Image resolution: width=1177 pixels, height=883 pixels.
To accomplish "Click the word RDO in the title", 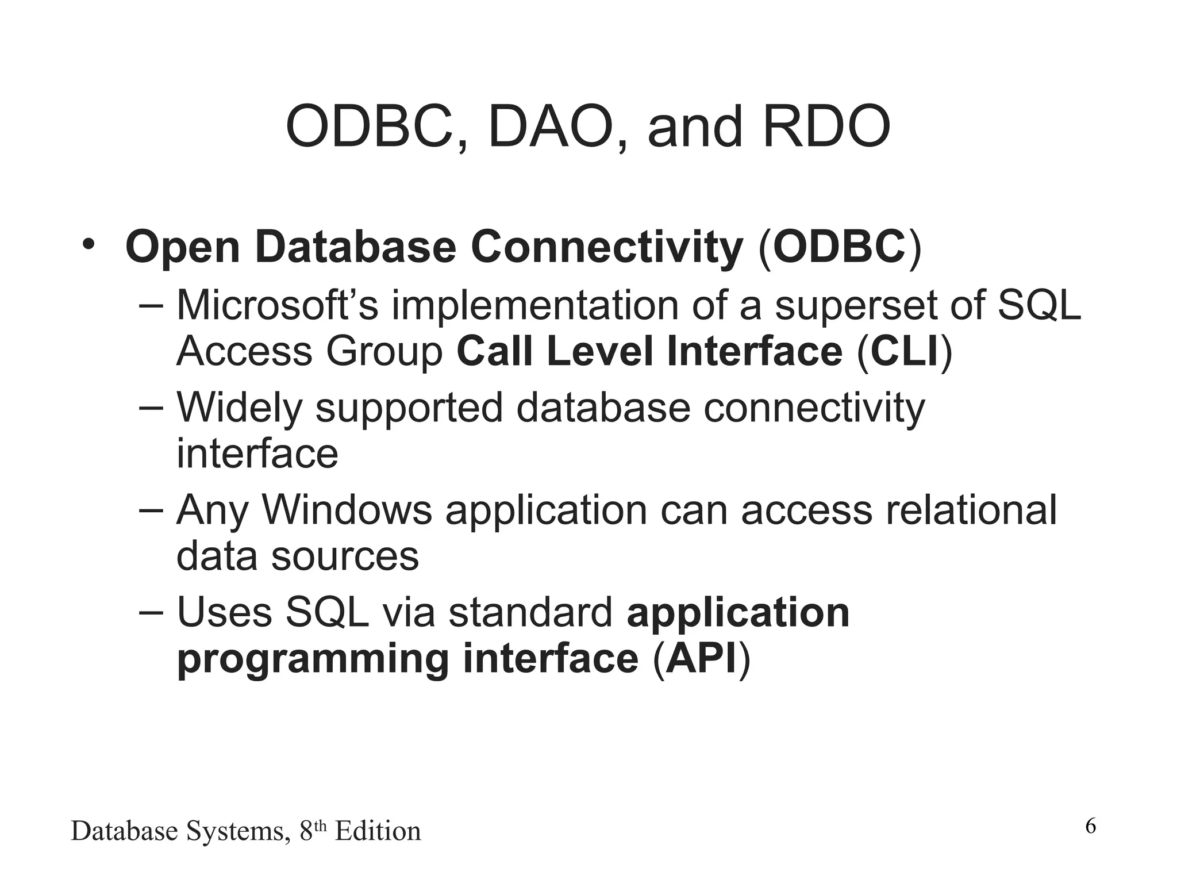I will tap(826, 126).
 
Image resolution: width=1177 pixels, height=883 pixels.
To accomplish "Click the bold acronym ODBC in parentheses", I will tap(840, 247).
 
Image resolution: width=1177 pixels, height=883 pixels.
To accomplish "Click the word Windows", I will tap(347, 510).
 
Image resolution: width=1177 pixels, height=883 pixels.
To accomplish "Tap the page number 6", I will tap(1090, 827).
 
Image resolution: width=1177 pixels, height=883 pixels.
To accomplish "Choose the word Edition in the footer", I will tap(378, 831).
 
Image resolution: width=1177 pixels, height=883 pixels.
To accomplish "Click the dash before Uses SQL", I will tap(151, 612).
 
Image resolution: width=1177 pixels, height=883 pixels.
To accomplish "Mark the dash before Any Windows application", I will tap(151, 510).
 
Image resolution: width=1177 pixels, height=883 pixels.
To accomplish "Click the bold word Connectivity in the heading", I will tap(607, 247).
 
